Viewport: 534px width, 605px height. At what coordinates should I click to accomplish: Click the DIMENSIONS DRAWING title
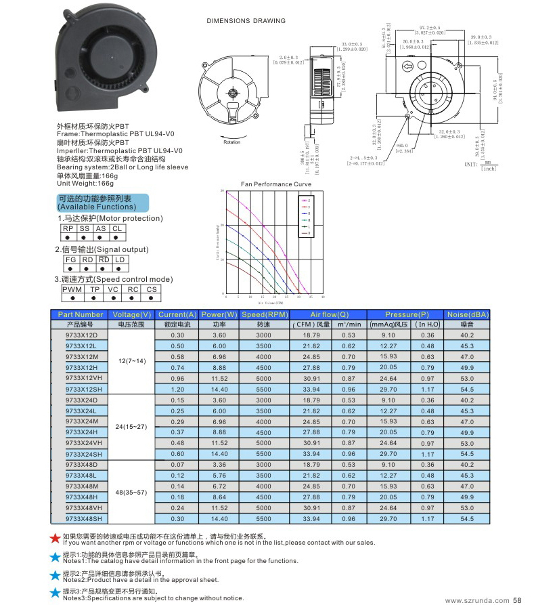coord(246,21)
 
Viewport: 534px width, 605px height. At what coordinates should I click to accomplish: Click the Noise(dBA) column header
coord(468,314)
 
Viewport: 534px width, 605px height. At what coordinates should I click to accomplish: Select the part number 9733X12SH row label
coord(82,390)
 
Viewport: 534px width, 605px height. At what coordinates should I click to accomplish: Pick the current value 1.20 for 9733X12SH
coord(177,390)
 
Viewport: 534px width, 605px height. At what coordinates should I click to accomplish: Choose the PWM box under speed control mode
coord(72,289)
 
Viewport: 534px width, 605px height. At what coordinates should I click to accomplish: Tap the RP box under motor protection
coord(68,229)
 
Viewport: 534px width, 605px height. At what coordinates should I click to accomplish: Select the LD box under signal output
coord(119,259)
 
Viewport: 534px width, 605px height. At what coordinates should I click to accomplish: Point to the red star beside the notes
coord(55,539)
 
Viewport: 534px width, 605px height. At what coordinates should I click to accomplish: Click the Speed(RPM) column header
coord(265,314)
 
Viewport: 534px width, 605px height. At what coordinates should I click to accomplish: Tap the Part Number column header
coord(81,314)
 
